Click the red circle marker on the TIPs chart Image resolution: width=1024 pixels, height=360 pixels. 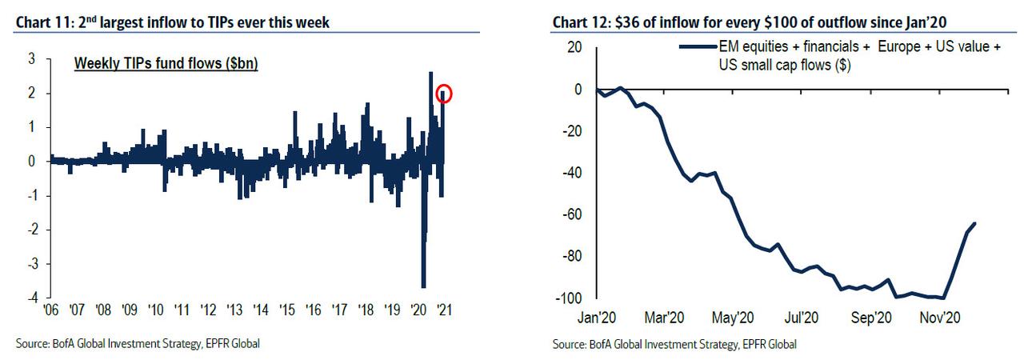(445, 94)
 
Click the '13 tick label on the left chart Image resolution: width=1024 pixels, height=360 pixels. (234, 309)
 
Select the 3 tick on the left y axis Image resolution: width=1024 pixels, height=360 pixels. (31, 59)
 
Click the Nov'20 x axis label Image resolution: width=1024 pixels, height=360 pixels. (940, 317)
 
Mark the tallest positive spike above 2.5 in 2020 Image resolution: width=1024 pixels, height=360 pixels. (430, 74)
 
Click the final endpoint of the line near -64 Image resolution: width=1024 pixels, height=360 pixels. (974, 223)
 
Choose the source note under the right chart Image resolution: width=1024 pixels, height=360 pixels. (674, 345)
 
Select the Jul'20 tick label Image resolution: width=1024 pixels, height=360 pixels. (802, 317)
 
